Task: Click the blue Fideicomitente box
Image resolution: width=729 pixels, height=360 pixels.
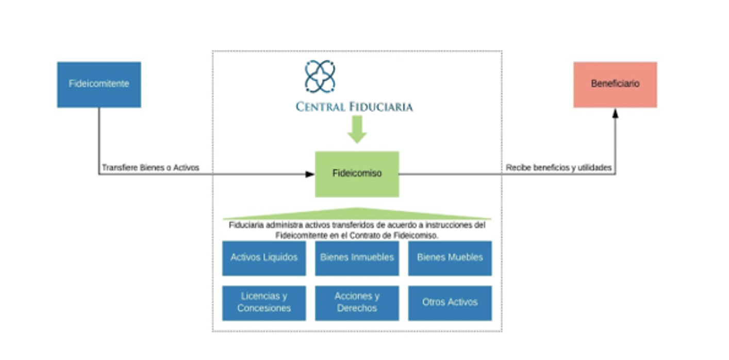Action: click(99, 85)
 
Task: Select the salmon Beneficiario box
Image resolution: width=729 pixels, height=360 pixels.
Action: click(615, 85)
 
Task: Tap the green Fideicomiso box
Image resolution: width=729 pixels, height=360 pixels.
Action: click(357, 174)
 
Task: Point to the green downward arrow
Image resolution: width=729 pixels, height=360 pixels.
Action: click(357, 129)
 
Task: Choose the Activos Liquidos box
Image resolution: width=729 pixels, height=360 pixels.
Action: click(264, 258)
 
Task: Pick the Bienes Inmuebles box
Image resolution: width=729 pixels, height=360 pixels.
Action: click(357, 258)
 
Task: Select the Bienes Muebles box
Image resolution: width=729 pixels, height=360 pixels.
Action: click(450, 258)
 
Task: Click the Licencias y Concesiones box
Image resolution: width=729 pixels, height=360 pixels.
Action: click(264, 303)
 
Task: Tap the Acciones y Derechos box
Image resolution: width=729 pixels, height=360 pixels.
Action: click(357, 303)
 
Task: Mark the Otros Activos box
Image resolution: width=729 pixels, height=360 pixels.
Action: click(450, 303)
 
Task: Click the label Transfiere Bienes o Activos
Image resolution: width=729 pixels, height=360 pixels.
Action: click(151, 168)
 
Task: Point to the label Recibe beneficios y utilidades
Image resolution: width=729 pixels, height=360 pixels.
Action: click(558, 168)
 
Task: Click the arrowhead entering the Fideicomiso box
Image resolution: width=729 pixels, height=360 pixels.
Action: click(310, 174)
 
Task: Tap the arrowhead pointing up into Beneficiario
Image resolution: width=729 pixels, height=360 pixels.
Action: click(615, 112)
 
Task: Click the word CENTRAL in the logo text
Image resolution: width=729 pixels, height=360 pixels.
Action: click(320, 107)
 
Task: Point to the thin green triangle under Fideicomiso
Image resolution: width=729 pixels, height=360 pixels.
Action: click(357, 214)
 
